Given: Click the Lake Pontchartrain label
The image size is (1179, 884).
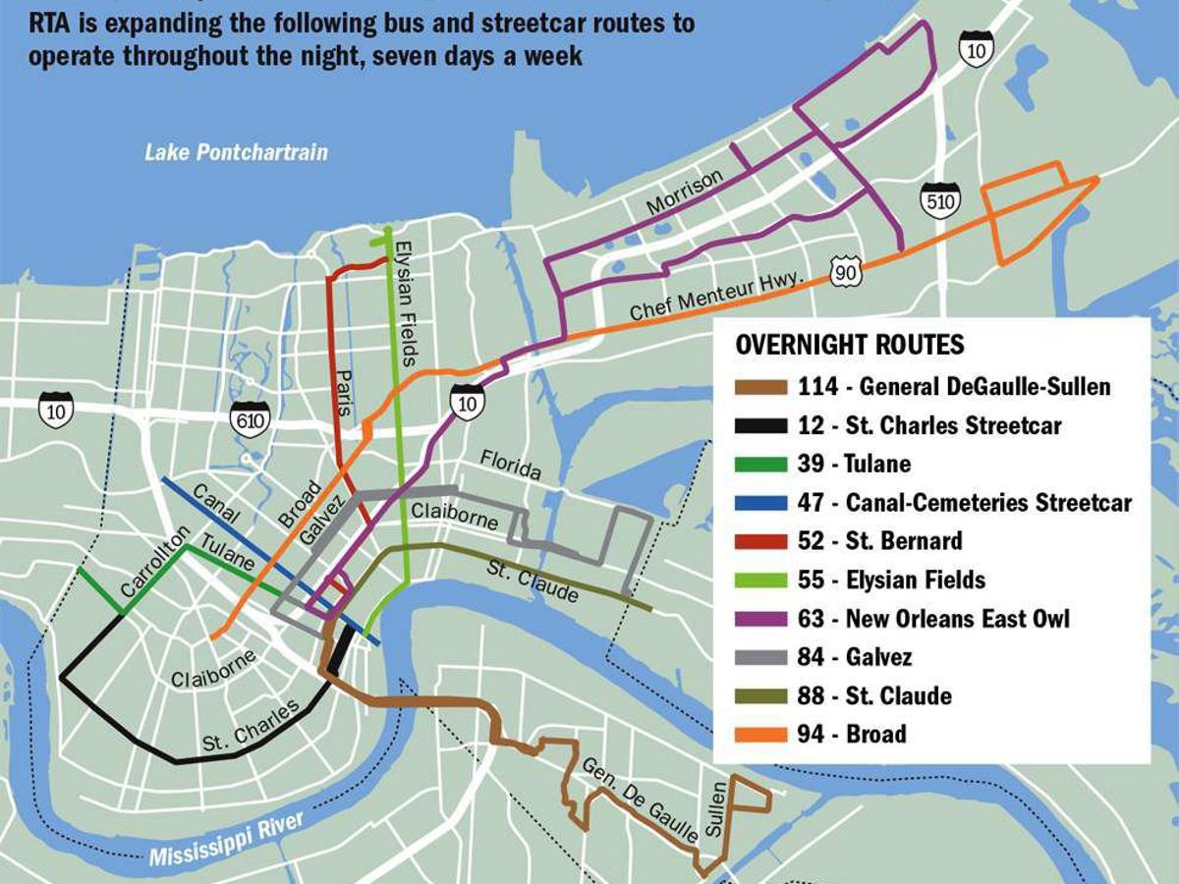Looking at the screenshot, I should click(236, 152).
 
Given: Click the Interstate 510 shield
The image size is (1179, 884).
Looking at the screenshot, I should click(939, 199).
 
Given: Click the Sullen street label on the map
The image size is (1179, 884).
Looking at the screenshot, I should click(717, 809).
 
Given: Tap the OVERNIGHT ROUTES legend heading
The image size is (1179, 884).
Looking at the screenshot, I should click(850, 346).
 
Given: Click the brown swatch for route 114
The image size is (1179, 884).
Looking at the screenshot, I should click(760, 387).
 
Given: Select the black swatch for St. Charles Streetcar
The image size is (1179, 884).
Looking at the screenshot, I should click(760, 426).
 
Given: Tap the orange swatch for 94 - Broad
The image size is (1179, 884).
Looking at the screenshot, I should click(760, 734).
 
